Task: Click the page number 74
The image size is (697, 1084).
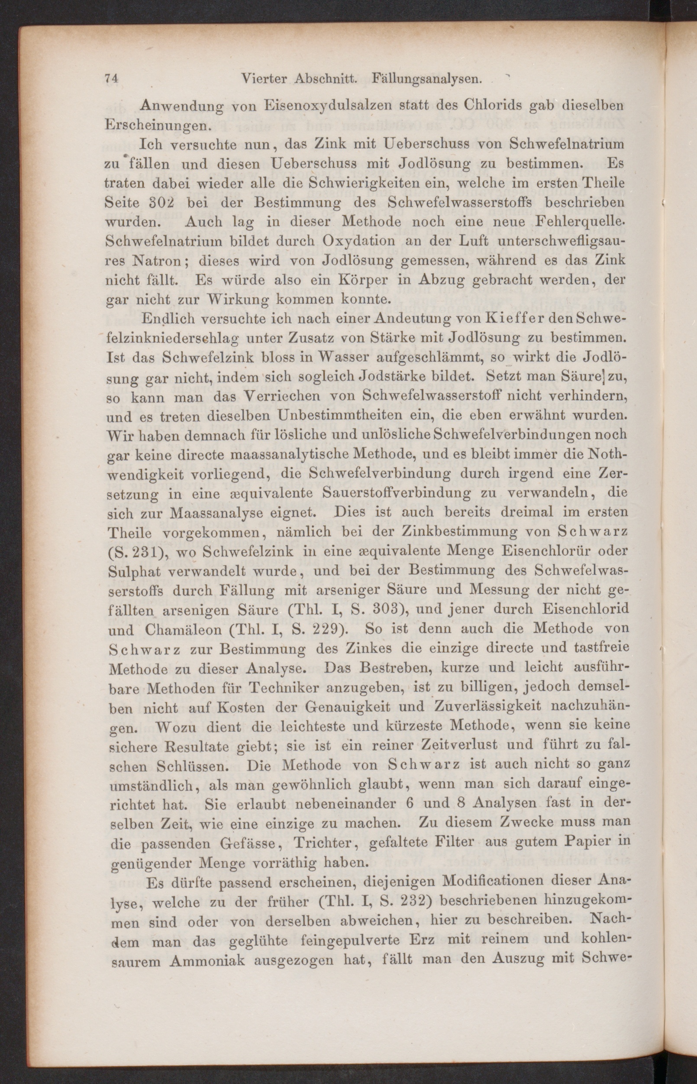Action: (x=111, y=78)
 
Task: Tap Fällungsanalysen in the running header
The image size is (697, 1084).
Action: (x=426, y=79)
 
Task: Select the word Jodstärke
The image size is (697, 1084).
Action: (x=405, y=377)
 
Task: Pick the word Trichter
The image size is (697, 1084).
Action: (x=322, y=844)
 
